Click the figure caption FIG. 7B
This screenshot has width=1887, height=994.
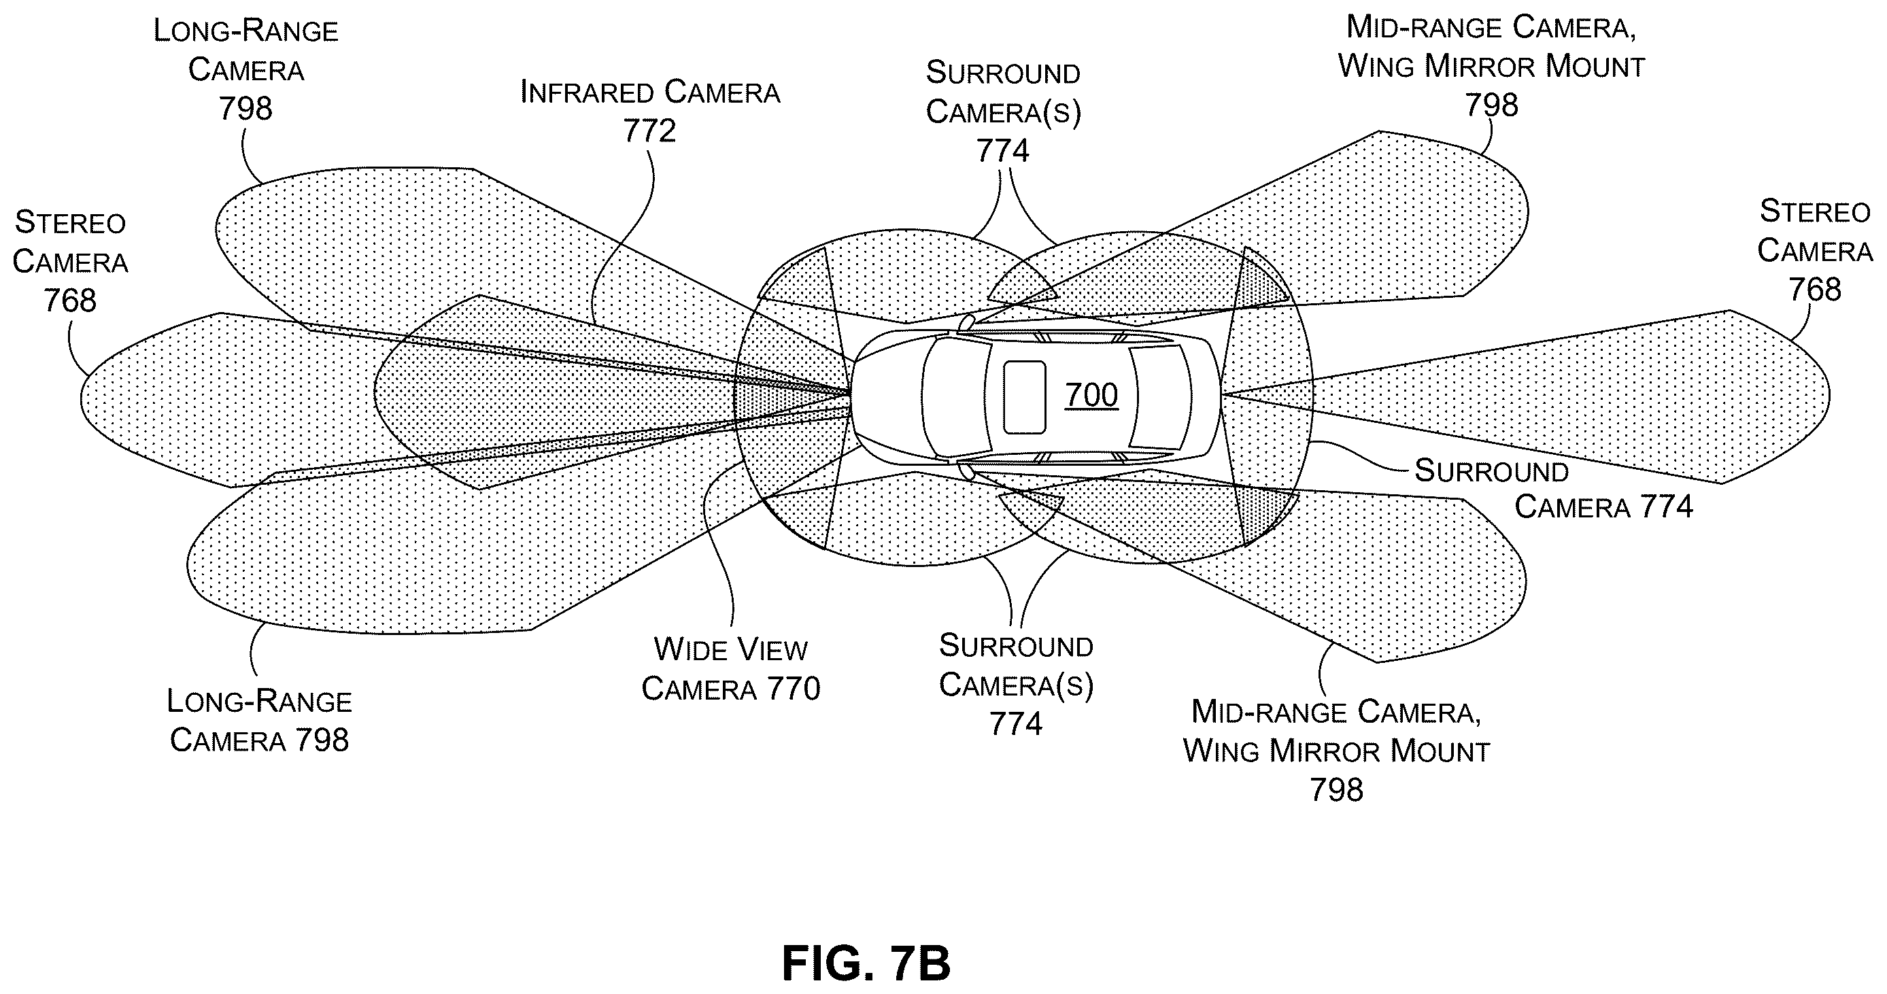[x=866, y=963]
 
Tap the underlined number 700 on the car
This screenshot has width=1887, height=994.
[x=1091, y=396]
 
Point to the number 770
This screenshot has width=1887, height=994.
[x=794, y=689]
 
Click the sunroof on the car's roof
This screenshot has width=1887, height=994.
[x=1024, y=396]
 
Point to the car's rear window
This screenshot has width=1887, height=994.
[x=1161, y=396]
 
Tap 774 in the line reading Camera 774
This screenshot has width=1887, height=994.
[x=1666, y=507]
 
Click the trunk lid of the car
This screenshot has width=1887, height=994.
[x=1206, y=396]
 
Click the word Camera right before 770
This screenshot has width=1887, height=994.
[x=700, y=689]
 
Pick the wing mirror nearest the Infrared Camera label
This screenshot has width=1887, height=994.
[x=967, y=322]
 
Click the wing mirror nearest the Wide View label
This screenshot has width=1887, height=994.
[x=967, y=471]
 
